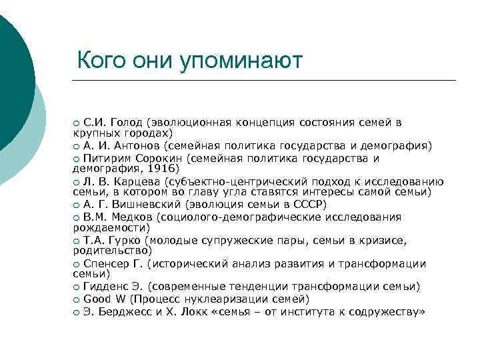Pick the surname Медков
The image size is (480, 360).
129,217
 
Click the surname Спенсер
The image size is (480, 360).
105,263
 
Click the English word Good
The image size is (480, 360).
96,299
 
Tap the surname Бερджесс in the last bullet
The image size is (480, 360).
125,311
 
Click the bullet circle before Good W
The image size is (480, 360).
77,299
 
